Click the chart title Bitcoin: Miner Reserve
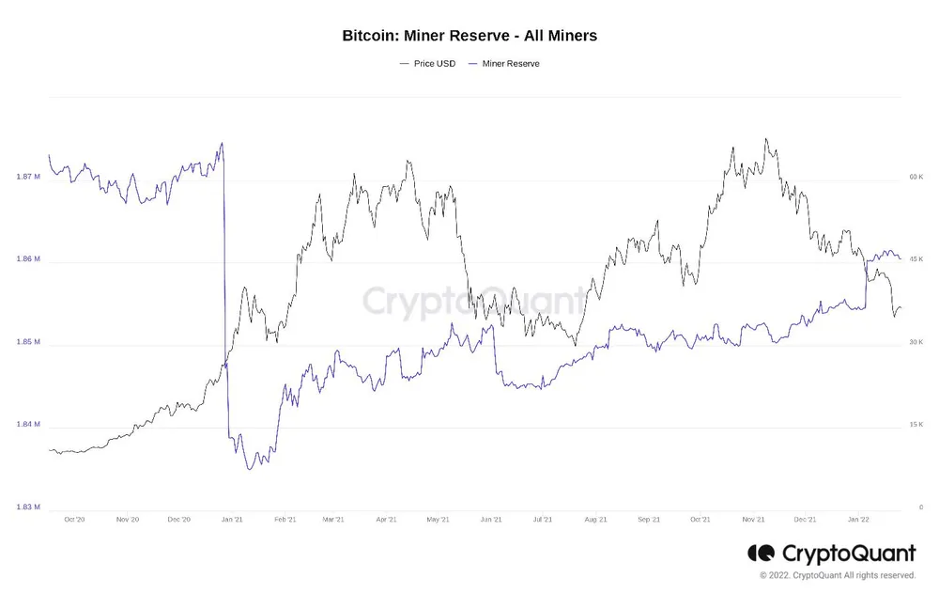click(469, 36)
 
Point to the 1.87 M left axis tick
click(28, 177)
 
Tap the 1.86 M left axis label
click(28, 259)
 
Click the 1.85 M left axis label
click(28, 342)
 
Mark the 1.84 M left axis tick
click(28, 425)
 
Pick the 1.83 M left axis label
click(28, 507)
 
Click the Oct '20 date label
click(74, 519)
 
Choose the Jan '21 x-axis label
click(232, 519)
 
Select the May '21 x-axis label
click(439, 519)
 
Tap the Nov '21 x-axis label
click(754, 519)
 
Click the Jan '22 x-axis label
click(859, 519)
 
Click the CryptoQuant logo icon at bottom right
click(761, 554)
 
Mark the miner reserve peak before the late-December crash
click(222, 143)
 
